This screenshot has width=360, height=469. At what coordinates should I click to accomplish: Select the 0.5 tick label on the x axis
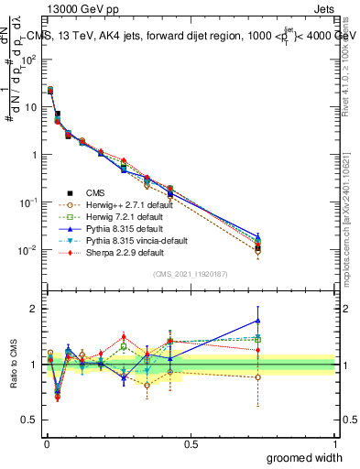tap(191, 442)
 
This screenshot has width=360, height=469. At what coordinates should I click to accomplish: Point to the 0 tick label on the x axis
tap(46, 442)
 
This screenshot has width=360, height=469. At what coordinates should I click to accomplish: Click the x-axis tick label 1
tap(335, 442)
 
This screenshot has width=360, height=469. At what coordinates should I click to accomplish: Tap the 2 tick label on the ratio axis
tap(34, 309)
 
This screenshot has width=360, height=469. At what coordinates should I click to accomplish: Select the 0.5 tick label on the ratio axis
tap(30, 420)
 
